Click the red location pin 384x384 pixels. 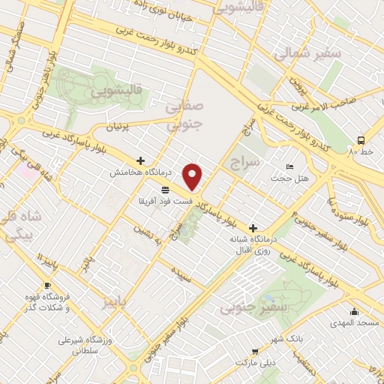[x=193, y=176]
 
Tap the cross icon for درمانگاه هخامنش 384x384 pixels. [x=140, y=160]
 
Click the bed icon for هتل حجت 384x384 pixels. [x=290, y=166]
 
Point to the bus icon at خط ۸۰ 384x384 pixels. [x=361, y=139]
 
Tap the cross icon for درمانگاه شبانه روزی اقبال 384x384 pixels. [x=253, y=228]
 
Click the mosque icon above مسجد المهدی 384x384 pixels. [x=354, y=311]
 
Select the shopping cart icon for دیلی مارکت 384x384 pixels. [x=256, y=351]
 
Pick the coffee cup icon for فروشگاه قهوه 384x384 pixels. [x=47, y=286]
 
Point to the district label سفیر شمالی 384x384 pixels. [x=307, y=54]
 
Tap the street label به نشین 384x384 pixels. [x=148, y=236]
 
